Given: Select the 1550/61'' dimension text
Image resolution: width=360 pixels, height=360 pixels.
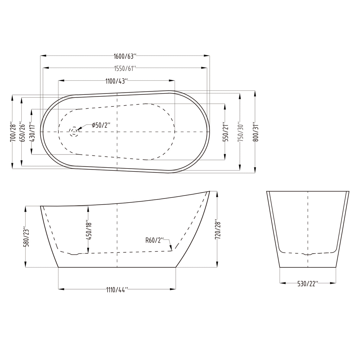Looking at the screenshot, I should click(x=125, y=69).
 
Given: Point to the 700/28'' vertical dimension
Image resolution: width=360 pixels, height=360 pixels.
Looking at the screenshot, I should click(x=12, y=132).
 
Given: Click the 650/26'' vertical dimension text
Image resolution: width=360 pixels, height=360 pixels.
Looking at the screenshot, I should click(x=22, y=132).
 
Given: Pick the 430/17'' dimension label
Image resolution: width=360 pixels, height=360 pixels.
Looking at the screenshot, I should click(x=32, y=132).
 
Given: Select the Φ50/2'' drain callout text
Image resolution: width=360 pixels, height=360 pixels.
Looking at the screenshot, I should click(x=101, y=125).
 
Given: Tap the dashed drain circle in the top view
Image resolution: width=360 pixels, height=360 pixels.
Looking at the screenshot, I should click(x=74, y=131).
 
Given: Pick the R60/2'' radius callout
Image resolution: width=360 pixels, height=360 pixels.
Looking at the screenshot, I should click(x=155, y=240).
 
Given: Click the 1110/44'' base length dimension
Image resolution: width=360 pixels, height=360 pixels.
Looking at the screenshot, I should click(x=117, y=289).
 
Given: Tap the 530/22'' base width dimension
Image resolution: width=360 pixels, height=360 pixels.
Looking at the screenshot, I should click(x=308, y=283).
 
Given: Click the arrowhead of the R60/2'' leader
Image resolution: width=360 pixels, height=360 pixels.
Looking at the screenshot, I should click(x=171, y=249).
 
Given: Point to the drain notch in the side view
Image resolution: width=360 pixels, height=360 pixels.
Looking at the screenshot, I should click(x=75, y=254).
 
